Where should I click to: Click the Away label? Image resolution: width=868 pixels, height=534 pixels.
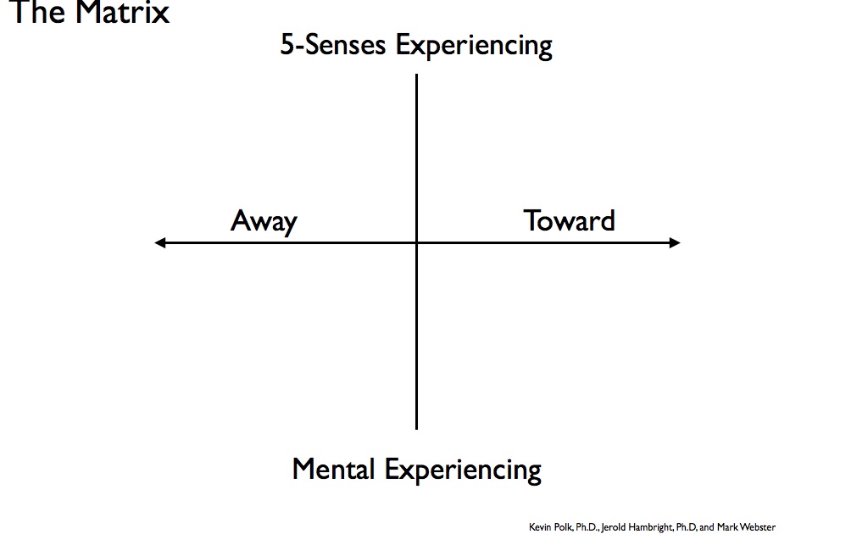coord(264,221)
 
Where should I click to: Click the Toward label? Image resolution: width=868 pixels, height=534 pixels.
coord(569,220)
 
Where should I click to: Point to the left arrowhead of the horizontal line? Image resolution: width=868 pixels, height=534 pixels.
coord(159,243)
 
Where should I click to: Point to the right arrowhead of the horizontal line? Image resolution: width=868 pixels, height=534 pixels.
coord(676,243)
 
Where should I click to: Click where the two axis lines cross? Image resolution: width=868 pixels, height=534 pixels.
coord(416,243)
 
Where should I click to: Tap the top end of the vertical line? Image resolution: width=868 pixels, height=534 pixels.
coord(416,76)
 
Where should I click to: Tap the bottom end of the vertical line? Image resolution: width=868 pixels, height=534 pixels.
coord(416,427)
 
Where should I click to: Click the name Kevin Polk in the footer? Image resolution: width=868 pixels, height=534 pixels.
coord(551,527)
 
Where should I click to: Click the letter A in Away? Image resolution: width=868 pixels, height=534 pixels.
coord(241,220)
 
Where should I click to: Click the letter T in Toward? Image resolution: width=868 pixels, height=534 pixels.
coord(531,220)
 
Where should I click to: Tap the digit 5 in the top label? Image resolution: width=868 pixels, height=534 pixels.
coord(287,45)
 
